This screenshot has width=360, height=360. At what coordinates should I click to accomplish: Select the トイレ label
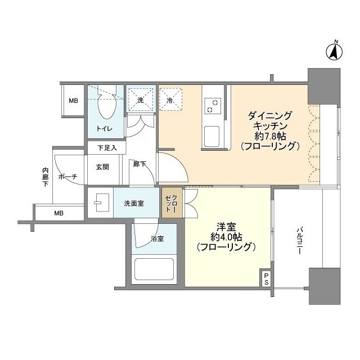click(104, 129)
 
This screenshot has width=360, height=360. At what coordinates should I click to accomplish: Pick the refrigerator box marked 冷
click(170, 101)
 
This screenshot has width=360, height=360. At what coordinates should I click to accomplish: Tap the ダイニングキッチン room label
click(269, 121)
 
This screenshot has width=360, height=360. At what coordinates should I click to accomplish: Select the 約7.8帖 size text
click(269, 137)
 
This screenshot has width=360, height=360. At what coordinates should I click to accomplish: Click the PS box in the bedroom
click(265, 278)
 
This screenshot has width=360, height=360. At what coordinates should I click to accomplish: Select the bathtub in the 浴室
click(154, 272)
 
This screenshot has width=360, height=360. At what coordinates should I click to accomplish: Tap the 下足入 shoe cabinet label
click(106, 148)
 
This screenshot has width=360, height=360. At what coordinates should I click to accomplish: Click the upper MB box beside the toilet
click(73, 101)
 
